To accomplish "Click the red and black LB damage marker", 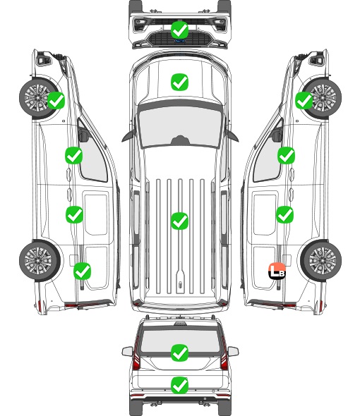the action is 277,271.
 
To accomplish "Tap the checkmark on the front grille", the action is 179,30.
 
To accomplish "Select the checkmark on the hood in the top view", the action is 179,82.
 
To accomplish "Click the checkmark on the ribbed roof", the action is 179,221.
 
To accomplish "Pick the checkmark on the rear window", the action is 179,353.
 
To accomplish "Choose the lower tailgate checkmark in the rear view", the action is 179,385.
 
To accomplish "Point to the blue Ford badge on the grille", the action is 179,41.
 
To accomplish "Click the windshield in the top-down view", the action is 180,127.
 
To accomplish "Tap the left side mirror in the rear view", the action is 128,352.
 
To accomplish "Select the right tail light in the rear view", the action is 224,354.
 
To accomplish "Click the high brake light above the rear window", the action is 180,324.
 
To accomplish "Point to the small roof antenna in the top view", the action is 180,285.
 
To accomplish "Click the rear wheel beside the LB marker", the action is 321,260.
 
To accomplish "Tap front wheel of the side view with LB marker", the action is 321,98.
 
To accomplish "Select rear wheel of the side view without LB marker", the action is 40,260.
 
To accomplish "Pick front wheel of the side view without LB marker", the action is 39,98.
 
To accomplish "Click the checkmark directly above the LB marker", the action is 284,214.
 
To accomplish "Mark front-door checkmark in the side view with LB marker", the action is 286,155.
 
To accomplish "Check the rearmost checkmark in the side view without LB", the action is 82,271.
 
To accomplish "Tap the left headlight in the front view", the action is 140,25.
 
